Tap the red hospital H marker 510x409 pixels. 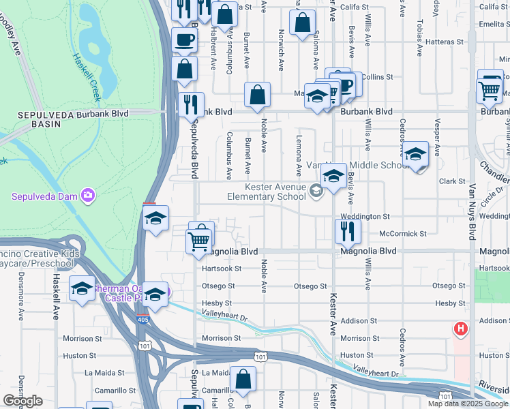[461, 329]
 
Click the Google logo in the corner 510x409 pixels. [22, 401]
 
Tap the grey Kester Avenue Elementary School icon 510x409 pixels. [315, 191]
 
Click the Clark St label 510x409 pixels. [451, 181]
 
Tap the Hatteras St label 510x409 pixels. [444, 42]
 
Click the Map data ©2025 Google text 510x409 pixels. [468, 404]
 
